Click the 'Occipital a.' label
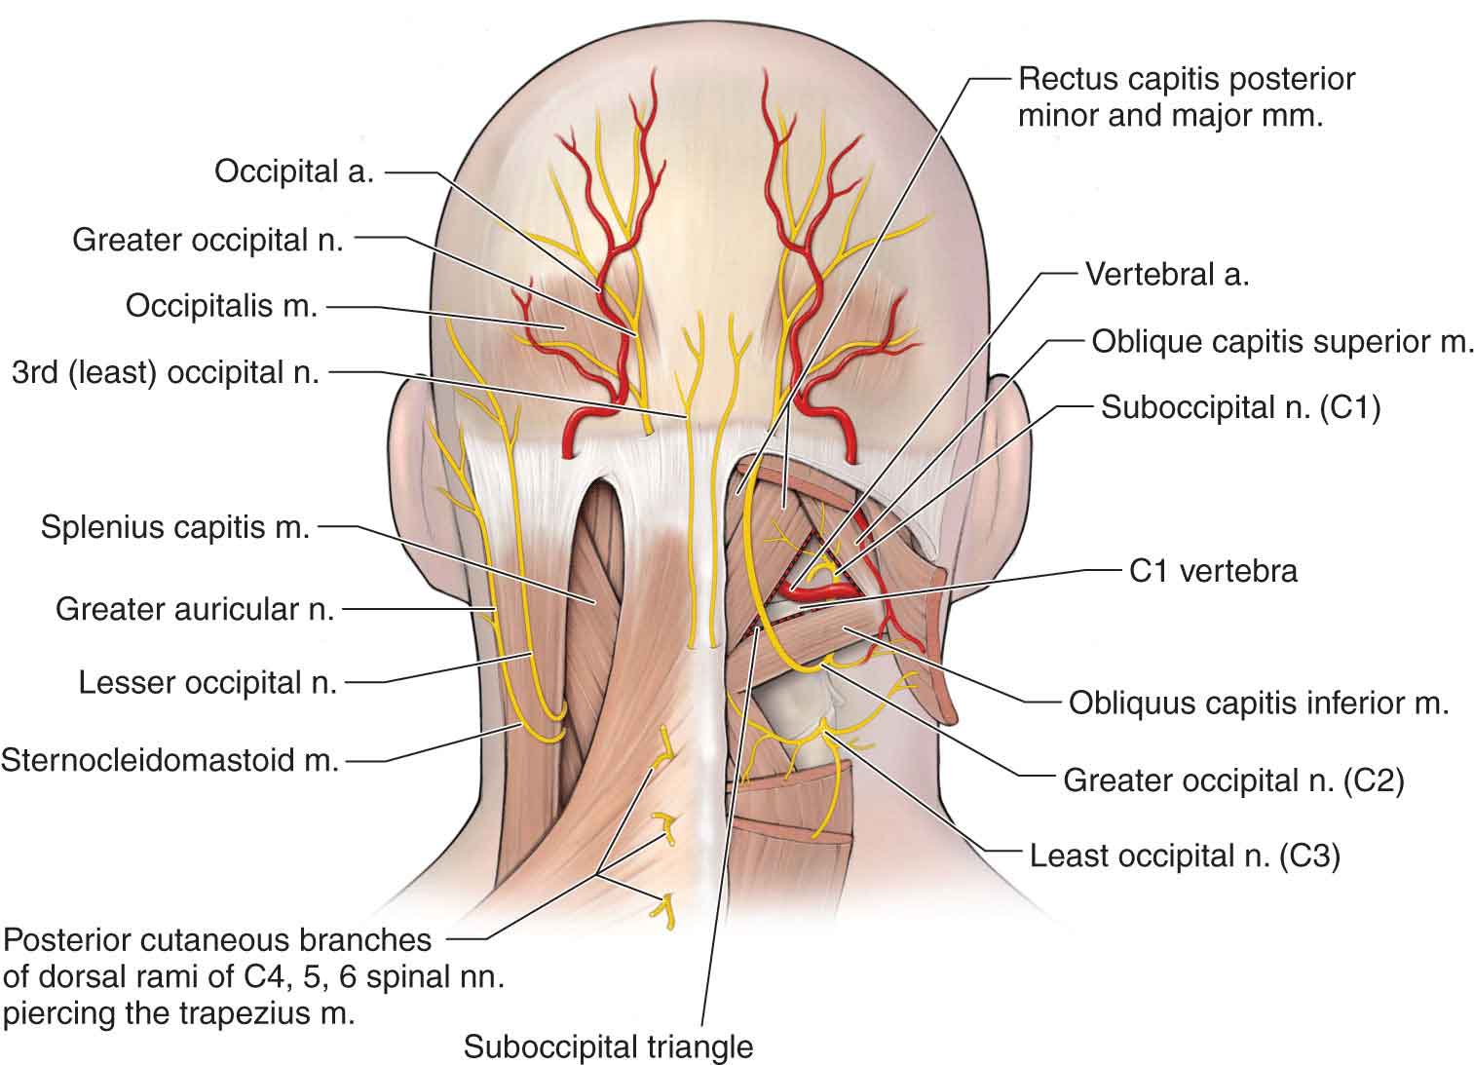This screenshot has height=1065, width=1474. click(x=294, y=172)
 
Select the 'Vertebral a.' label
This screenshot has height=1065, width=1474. click(x=1166, y=275)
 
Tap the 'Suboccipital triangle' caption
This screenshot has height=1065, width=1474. click(x=608, y=1047)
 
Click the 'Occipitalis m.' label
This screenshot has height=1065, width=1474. click(x=222, y=306)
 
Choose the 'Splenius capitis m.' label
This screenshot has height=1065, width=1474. click(x=175, y=528)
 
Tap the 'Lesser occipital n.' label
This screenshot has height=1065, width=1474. click(x=208, y=682)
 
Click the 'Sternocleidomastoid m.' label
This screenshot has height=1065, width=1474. click(x=170, y=758)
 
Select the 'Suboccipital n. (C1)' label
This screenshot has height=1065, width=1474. click(x=1240, y=407)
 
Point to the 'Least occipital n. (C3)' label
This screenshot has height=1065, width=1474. click(x=1185, y=856)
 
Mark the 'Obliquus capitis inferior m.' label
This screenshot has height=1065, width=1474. click(x=1259, y=703)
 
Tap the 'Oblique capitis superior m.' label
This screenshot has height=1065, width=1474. click(x=1282, y=341)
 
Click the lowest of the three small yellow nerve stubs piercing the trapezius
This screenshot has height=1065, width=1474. click(x=668, y=905)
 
